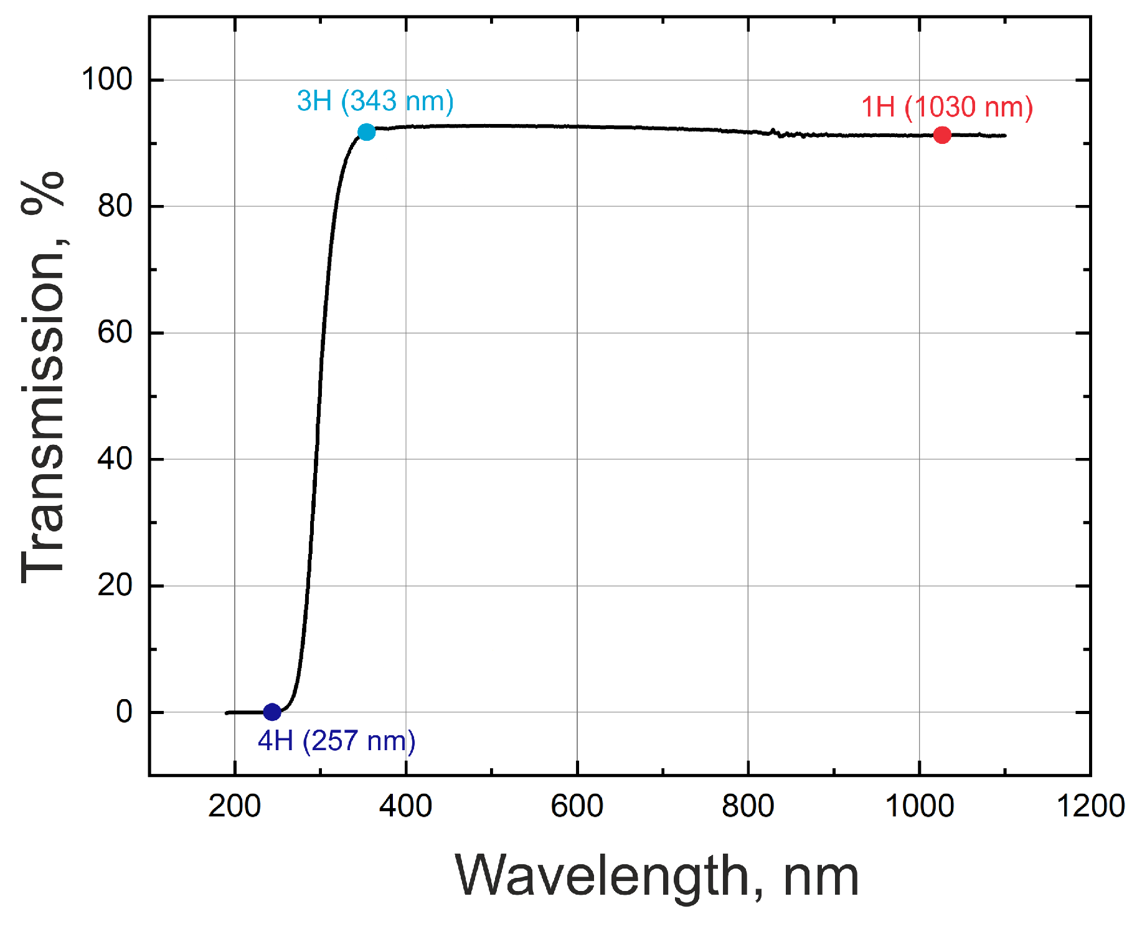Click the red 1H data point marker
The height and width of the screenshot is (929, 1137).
coord(941,135)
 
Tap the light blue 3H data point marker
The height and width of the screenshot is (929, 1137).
coord(366,132)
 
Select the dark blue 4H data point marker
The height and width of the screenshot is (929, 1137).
coord(272,712)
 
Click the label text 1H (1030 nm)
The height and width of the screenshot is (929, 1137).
coord(946,107)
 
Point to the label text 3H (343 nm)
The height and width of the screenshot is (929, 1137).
coord(375,101)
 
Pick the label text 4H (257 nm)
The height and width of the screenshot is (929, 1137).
coord(336,741)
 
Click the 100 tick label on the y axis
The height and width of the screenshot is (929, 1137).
coord(107,80)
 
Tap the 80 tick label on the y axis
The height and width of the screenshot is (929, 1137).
coord(115,206)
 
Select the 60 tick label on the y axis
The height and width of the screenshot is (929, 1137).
coord(115,333)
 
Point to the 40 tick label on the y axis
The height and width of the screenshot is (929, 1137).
coord(115,459)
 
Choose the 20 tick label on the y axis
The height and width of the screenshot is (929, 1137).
coord(115,586)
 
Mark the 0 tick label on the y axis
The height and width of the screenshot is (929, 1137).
coord(124,712)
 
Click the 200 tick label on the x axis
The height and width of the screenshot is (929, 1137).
coord(234,806)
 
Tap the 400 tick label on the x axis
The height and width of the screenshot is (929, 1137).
coord(405,806)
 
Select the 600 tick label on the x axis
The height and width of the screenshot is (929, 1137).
coord(577,806)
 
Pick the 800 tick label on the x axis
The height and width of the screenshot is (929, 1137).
coord(748,806)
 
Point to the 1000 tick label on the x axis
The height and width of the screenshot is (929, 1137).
coord(919,806)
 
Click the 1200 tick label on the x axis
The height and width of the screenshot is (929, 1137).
coord(1090,806)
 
